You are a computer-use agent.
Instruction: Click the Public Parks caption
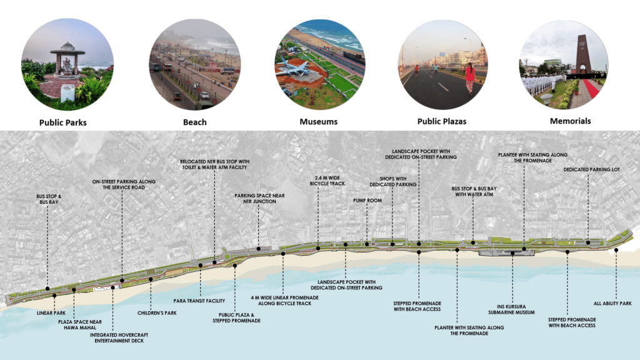point(63,122)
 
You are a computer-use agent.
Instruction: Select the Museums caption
point(317,122)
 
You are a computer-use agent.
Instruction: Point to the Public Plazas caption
point(442,121)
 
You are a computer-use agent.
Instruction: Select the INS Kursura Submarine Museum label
point(512,309)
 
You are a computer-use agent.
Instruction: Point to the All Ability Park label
point(615,304)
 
